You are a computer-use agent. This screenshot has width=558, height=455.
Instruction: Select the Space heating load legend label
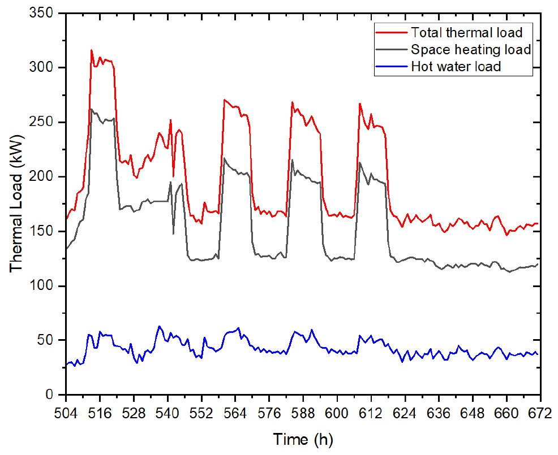click(x=471, y=49)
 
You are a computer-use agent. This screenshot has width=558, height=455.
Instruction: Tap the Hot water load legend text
click(x=456, y=67)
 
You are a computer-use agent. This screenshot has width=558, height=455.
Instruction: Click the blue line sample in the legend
click(x=391, y=67)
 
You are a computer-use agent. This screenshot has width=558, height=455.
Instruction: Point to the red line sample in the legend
click(x=391, y=32)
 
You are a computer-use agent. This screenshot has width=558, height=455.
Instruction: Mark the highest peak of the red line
click(x=92, y=50)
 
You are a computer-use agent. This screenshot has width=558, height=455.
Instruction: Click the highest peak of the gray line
click(x=92, y=110)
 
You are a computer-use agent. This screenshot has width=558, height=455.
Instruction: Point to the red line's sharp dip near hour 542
click(x=173, y=176)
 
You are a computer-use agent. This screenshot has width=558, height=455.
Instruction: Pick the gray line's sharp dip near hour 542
click(x=173, y=233)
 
